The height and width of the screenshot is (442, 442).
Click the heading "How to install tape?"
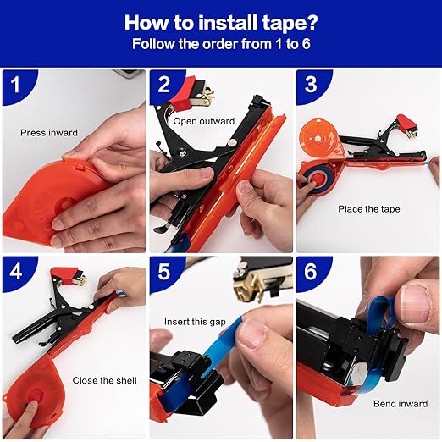point(220,21)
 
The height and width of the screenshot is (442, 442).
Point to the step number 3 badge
point(311,86)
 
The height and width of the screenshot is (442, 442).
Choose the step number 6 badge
point(311,273)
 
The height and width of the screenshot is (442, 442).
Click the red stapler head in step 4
point(64,277)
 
